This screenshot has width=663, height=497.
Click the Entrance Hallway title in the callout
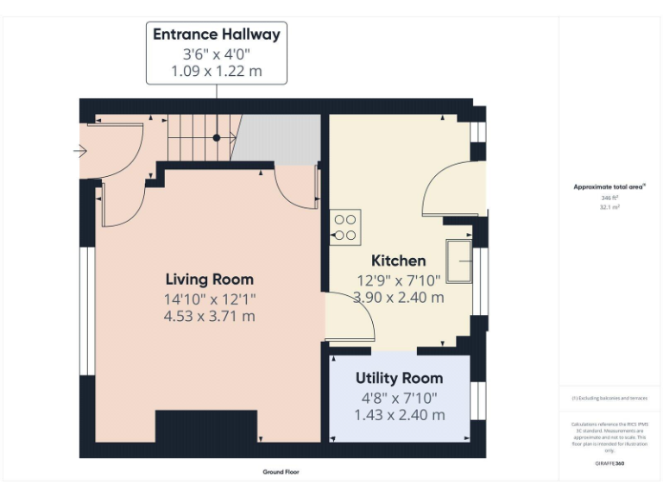[217, 35]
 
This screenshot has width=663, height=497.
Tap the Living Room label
[210, 279]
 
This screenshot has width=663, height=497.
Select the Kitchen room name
[398, 261]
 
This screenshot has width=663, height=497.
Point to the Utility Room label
[399, 378]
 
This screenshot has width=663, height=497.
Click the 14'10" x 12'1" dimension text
[211, 299]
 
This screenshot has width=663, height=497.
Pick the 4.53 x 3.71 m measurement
[211, 317]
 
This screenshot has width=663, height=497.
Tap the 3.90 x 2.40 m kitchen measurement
[399, 298]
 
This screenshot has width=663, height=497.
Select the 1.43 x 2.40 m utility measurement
[399, 415]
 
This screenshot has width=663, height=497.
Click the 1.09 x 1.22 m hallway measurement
[217, 71]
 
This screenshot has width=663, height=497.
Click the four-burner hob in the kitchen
[344, 227]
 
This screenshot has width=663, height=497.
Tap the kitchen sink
[458, 261]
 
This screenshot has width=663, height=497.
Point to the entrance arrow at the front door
[80, 152]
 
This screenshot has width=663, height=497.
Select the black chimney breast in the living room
[206, 428]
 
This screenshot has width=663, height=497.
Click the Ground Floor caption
[281, 472]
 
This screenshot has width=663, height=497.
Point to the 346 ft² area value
[609, 198]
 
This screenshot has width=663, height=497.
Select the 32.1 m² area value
[609, 207]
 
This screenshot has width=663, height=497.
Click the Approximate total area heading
[609, 186]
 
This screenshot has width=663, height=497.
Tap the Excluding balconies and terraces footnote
[609, 398]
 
